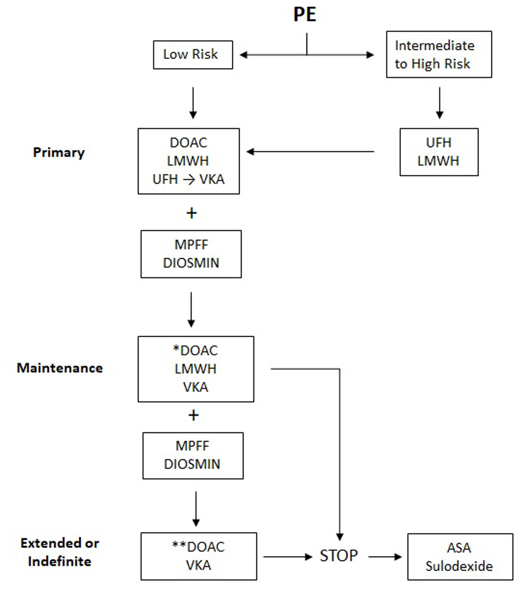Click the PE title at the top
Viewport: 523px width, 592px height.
point(305,14)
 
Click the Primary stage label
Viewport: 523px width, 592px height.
point(59,152)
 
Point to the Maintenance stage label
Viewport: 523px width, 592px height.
point(60,368)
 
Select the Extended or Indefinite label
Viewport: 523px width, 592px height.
point(60,552)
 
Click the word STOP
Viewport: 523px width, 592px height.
point(339,555)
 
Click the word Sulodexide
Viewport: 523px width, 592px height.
point(459,566)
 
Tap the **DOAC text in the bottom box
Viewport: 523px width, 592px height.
point(198,547)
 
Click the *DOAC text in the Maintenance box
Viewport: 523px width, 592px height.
point(195,350)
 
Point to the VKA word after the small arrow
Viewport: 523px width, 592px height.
point(212,179)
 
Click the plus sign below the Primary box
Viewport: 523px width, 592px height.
point(191,213)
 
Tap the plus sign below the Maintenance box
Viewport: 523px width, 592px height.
point(194,415)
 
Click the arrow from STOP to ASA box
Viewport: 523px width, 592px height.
point(385,557)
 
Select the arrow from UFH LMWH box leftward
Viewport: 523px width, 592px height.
point(310,152)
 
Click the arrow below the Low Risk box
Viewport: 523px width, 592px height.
point(193,103)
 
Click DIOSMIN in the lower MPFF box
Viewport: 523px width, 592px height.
point(192,464)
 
